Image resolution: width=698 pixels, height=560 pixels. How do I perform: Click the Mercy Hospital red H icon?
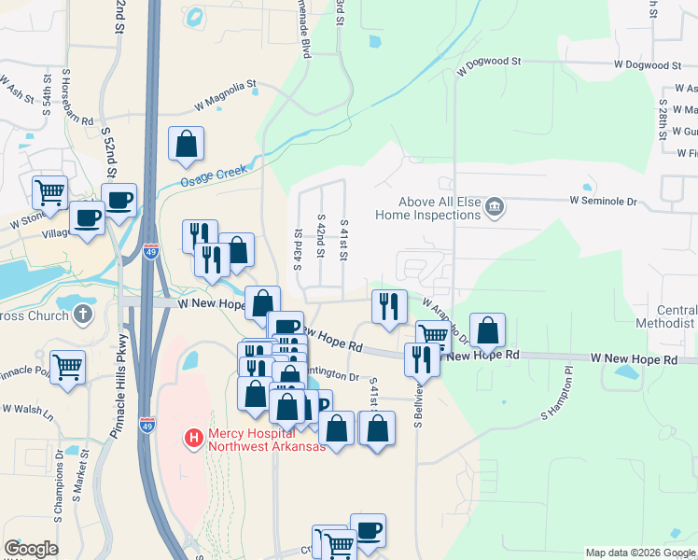pos(194,437)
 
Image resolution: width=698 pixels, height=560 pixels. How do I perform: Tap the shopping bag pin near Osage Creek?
pos(186,145)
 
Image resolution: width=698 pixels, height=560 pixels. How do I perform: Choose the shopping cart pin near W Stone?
pos(49,192)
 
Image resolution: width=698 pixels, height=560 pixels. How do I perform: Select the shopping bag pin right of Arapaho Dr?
pos(487,329)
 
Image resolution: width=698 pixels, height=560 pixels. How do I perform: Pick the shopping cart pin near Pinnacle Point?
pos(67,368)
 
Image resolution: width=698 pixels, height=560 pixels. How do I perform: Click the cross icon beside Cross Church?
pos(82,314)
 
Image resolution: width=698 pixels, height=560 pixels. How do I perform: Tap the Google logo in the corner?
pos(31,549)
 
